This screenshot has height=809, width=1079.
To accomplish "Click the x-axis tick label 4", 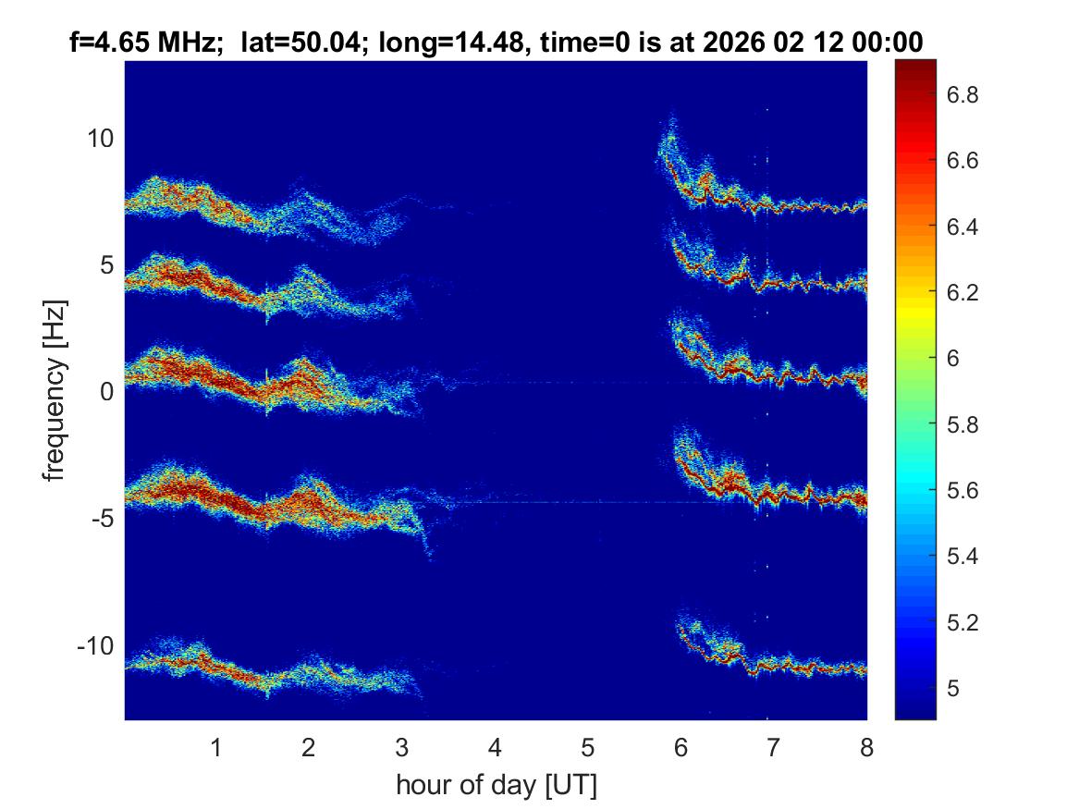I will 495,747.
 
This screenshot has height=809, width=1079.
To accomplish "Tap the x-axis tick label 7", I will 773,747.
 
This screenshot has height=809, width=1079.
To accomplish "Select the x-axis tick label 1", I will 215,747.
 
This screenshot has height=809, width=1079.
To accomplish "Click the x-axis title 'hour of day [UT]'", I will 496,786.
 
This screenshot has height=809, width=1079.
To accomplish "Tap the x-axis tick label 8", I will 866,747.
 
